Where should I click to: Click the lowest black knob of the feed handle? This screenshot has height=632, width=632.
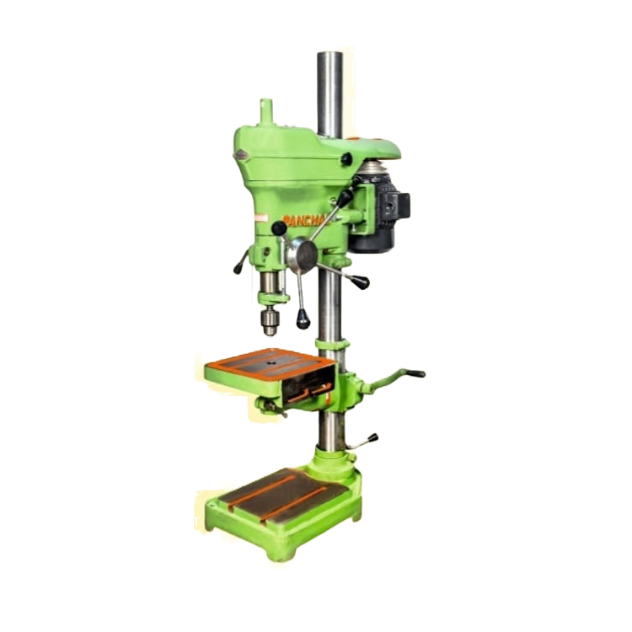click(x=303, y=320)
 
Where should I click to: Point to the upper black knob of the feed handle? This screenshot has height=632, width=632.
click(x=346, y=195)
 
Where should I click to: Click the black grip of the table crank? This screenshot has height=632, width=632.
click(x=414, y=372)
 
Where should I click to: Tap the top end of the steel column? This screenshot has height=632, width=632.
click(x=329, y=57)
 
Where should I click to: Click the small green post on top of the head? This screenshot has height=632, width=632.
click(x=266, y=110)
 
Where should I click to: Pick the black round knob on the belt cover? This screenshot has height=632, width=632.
click(x=346, y=159)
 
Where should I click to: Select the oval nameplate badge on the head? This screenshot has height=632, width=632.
click(x=242, y=153)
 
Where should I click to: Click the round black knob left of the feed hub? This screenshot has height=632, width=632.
click(x=279, y=228)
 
